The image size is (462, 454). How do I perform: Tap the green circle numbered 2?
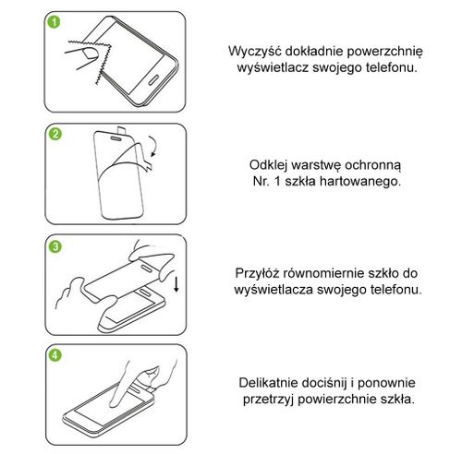[55, 136]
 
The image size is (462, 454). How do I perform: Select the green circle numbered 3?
[55, 247]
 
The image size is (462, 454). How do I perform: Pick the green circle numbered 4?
[55, 356]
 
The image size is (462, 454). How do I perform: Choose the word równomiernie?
[330, 273]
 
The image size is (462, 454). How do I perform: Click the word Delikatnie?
[267, 383]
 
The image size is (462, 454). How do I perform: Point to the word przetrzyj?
[266, 400]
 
